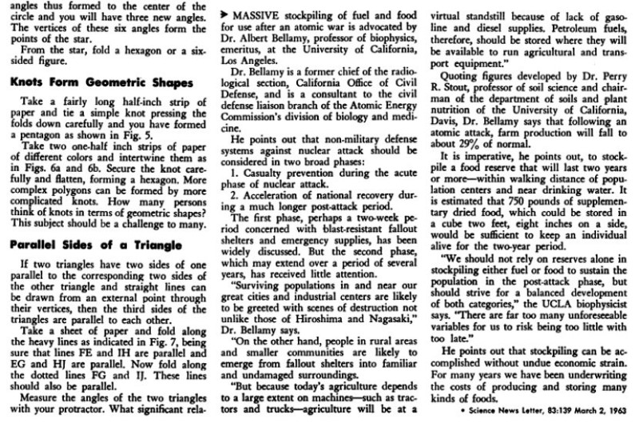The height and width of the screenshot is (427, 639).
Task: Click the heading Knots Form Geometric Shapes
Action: [x=102, y=83]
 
